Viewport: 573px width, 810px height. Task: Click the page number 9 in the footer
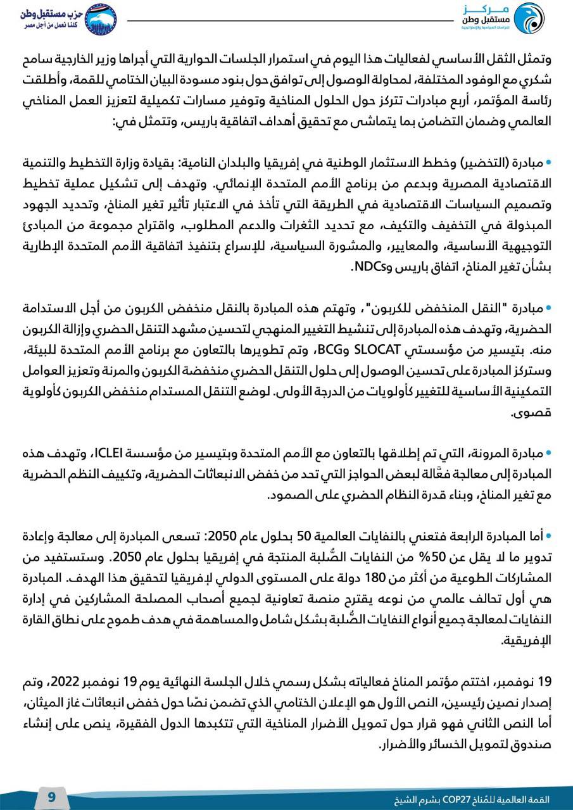click(52, 797)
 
